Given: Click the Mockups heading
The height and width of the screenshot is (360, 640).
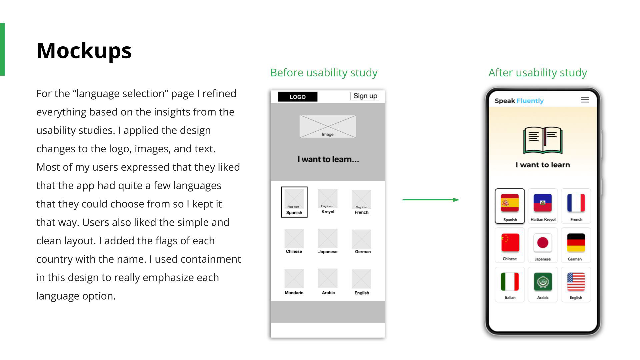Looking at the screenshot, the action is [x=84, y=51].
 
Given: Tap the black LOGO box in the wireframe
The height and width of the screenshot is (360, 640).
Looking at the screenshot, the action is [x=297, y=97].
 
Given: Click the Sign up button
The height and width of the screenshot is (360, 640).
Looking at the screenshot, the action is [x=365, y=96].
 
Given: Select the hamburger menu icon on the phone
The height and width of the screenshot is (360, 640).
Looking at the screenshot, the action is [x=585, y=100].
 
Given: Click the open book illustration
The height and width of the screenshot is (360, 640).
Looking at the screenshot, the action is [x=543, y=140].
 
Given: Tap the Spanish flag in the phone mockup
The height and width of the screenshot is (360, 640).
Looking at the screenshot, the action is [x=510, y=203].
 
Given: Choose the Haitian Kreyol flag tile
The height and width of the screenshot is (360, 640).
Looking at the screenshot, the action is [x=543, y=203].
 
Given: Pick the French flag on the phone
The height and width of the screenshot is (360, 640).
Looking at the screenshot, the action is [x=576, y=203].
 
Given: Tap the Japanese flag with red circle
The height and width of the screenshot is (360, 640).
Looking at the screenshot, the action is [x=543, y=242].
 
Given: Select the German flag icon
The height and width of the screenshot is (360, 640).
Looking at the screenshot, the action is [x=576, y=242].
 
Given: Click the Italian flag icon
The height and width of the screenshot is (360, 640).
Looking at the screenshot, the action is [x=510, y=282].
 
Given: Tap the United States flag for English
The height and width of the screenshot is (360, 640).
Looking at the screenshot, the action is [x=576, y=282].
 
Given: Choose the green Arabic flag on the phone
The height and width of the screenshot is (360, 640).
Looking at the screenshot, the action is [x=543, y=282].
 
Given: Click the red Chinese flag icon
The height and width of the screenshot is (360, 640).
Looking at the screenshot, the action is [x=510, y=242].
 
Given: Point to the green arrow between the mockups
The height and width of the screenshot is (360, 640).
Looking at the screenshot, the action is [x=430, y=200].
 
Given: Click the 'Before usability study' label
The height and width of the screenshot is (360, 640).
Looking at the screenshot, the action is [x=324, y=72].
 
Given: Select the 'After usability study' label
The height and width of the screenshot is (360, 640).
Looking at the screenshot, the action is [x=537, y=72].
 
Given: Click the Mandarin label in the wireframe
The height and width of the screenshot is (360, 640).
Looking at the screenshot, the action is [x=294, y=293].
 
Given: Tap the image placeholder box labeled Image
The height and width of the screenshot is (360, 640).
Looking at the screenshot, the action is [x=328, y=127].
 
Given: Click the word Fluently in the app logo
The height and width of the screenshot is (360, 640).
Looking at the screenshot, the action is [x=530, y=101].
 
